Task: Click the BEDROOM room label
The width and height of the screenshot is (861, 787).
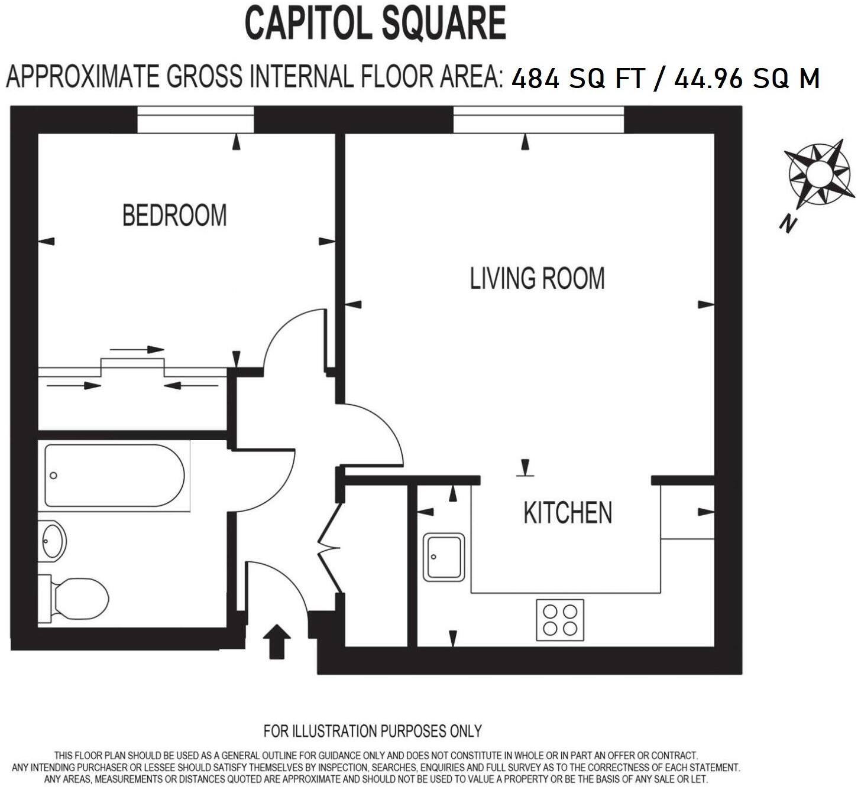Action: [174, 215]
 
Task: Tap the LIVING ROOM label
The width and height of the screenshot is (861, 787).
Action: [537, 278]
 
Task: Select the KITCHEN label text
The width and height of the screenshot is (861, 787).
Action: [568, 513]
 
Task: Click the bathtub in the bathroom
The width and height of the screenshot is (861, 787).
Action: [115, 476]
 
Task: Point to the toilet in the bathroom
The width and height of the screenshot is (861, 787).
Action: [77, 599]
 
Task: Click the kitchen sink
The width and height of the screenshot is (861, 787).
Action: [444, 557]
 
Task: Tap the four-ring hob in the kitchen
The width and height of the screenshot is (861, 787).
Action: [560, 620]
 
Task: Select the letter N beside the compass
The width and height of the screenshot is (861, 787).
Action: [788, 224]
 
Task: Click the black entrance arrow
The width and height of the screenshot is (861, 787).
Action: [277, 641]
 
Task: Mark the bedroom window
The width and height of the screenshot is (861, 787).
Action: [196, 119]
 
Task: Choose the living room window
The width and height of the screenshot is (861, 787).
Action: [539, 119]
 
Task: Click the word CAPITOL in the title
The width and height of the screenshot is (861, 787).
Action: [307, 24]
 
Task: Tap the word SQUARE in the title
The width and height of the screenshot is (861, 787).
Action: [444, 24]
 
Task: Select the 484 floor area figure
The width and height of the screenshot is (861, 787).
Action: [535, 79]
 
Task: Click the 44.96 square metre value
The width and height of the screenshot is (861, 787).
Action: [707, 79]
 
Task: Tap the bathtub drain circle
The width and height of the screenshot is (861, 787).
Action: [54, 476]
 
